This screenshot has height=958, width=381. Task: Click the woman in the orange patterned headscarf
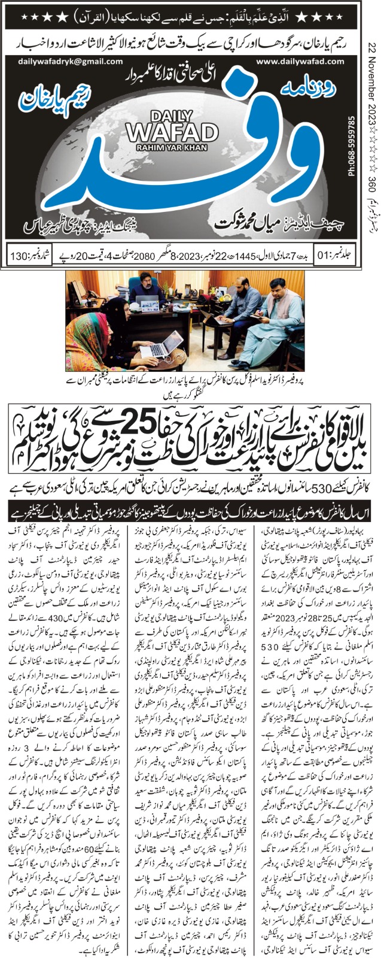click(95, 347)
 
